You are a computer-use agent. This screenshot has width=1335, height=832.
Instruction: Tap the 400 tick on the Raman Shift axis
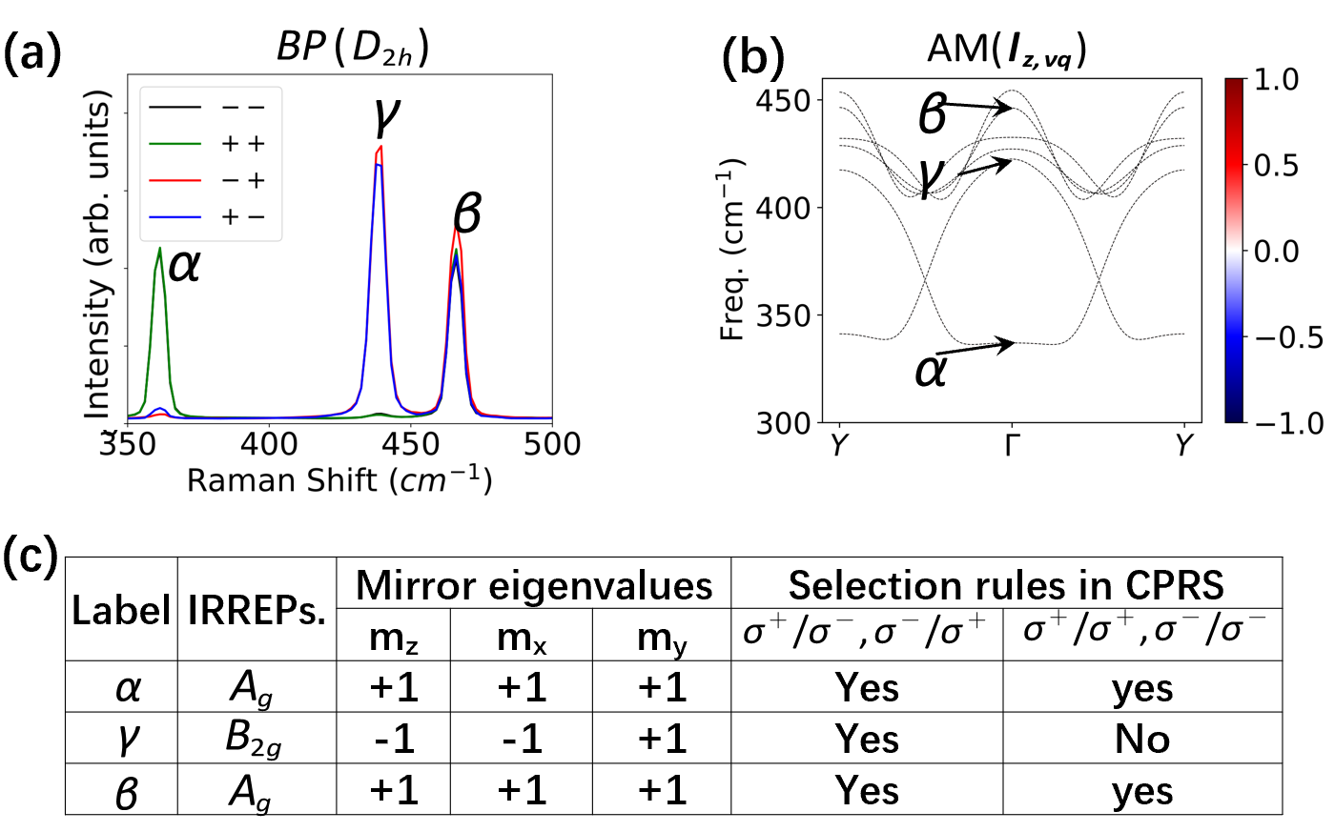[x=269, y=444]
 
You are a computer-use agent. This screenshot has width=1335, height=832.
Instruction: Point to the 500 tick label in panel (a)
[x=552, y=444]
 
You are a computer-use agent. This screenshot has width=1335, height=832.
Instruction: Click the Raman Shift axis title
[x=339, y=480]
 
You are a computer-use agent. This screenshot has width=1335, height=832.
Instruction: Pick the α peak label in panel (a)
[x=184, y=265]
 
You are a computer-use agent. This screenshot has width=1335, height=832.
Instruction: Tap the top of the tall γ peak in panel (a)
[x=380, y=148]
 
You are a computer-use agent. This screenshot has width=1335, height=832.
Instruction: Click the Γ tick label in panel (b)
[x=1011, y=445]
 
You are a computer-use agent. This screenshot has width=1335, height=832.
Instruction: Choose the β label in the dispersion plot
[x=933, y=114]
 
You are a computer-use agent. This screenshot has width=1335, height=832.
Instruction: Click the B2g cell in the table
[x=253, y=739]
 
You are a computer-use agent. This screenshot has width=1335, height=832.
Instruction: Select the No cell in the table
[x=1141, y=739]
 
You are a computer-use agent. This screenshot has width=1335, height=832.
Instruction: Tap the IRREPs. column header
[x=257, y=610]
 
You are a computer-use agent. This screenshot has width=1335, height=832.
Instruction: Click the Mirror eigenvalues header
[x=534, y=585]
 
